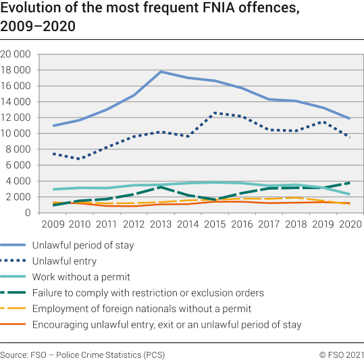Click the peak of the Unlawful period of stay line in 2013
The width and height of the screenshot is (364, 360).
coord(161,72)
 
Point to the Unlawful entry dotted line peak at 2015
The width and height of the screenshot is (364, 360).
coord(215,113)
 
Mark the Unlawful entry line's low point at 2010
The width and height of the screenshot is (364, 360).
coord(80,159)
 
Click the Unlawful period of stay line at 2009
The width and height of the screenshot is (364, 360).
coord(53,126)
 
